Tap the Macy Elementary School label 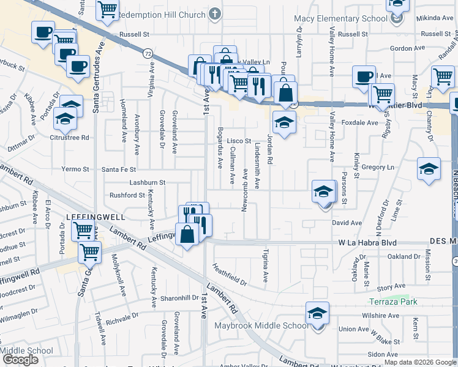coord(341,18)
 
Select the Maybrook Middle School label coord(261,325)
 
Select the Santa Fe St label coord(119,169)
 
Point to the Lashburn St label coord(147,182)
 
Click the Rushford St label coord(127,195)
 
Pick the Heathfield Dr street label coord(229,275)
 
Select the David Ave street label coord(347,223)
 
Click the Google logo coord(20,360)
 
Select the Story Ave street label coord(392,287)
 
